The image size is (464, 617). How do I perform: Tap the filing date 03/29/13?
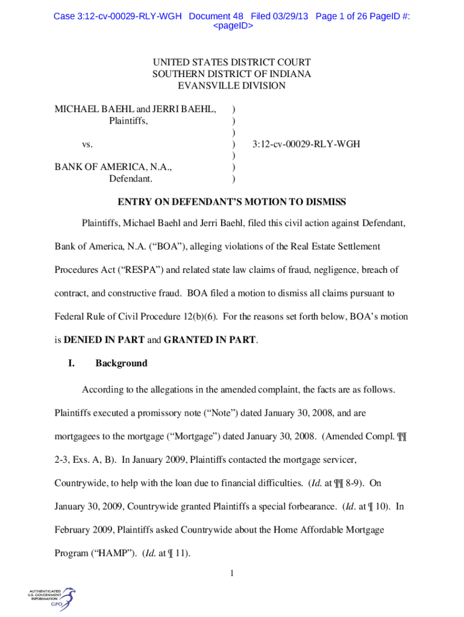coord(289,16)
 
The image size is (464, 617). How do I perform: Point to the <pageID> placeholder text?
coord(232,27)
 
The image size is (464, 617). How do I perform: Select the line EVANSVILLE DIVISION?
coord(232,86)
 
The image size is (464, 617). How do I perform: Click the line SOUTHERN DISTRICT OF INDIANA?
coord(232,74)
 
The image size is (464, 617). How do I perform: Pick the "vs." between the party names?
coord(87,145)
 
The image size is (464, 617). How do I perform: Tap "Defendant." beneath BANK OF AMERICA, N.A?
coord(131,179)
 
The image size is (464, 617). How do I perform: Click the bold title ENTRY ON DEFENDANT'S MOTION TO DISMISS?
coord(232,201)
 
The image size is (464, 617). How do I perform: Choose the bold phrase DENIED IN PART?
coord(104,340)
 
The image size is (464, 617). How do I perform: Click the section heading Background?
coord(121,363)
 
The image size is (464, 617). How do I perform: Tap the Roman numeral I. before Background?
coord(71,363)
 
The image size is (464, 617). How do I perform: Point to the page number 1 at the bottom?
coord(232,572)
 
